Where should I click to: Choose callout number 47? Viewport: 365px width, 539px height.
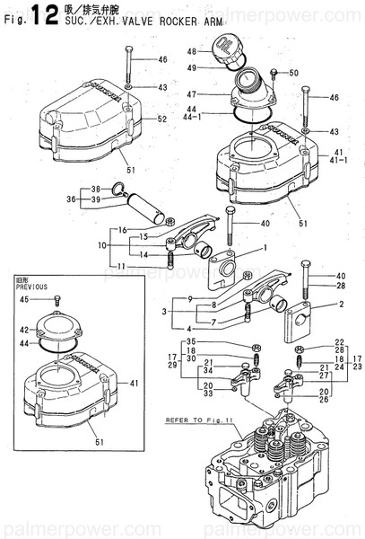point(190,94)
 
